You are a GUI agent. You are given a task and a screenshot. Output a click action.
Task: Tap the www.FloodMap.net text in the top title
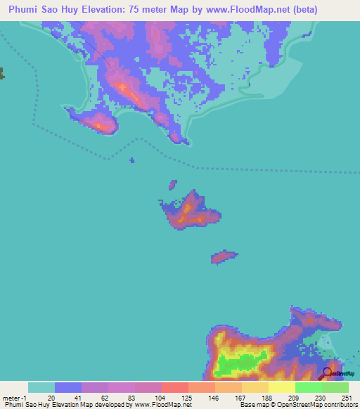pyautogui.click(x=226, y=10)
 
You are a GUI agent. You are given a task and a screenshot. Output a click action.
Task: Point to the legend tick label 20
pyautogui.click(x=51, y=397)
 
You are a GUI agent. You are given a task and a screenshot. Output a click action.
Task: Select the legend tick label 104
pyautogui.click(x=159, y=397)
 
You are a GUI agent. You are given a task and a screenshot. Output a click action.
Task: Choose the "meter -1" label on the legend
pyautogui.click(x=15, y=397)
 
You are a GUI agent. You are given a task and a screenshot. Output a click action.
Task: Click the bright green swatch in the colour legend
pyautogui.click(x=308, y=387)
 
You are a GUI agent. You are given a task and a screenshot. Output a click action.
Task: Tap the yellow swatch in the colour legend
pyautogui.click(x=281, y=387)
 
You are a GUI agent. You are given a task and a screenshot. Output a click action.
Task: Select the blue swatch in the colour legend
pyautogui.click(x=68, y=387)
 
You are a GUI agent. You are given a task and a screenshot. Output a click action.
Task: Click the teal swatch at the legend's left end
pyautogui.click(x=41, y=387)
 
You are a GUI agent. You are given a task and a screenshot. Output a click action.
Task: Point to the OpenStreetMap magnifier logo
pyautogui.click(x=328, y=372)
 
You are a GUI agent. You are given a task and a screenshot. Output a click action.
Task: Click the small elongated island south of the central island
pyautogui.click(x=224, y=257)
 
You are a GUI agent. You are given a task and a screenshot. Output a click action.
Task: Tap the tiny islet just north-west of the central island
pyautogui.click(x=172, y=185)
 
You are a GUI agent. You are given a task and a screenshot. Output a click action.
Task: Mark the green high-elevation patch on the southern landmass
pyautogui.click(x=236, y=364)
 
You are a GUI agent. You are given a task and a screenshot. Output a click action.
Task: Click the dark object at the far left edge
pyautogui.click(x=2, y=73)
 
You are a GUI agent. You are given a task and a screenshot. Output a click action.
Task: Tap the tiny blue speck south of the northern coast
pyautogui.click(x=131, y=160)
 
